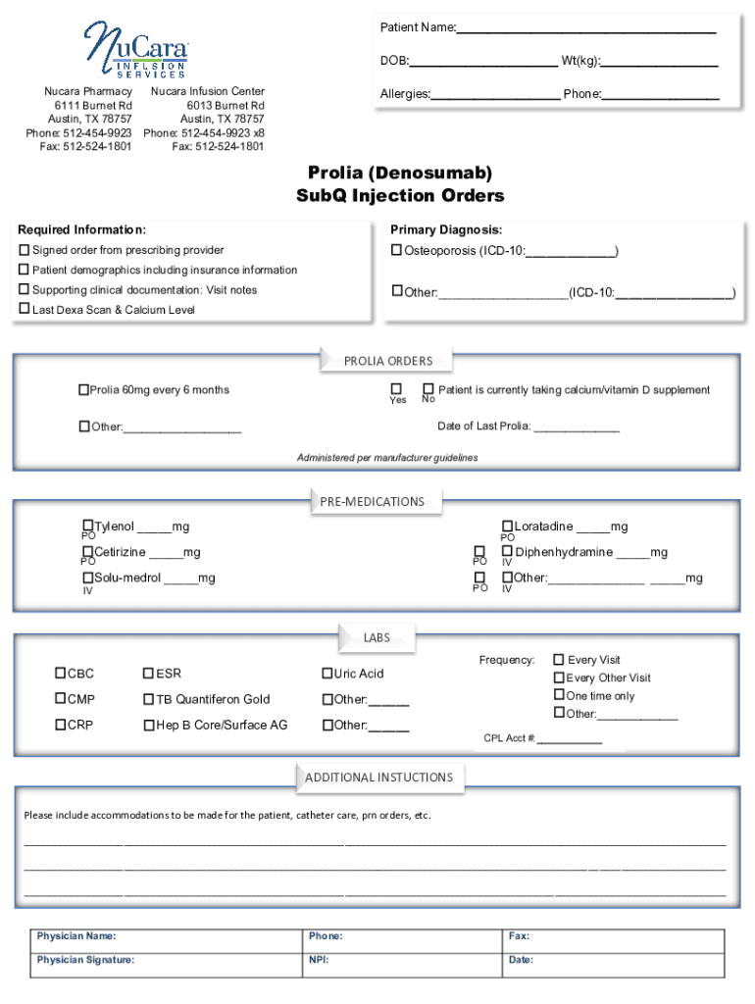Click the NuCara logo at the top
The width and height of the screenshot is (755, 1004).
click(135, 50)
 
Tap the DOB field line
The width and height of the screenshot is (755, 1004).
click(482, 62)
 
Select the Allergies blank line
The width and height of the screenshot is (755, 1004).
click(495, 95)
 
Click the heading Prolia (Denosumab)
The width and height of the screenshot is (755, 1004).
click(400, 174)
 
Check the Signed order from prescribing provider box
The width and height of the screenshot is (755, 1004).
click(25, 251)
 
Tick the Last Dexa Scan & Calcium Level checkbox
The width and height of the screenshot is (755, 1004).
click(25, 309)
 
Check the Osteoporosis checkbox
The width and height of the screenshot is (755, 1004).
click(397, 251)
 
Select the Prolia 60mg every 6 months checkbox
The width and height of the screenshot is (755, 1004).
click(83, 390)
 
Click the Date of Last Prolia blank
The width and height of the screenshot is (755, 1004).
click(576, 427)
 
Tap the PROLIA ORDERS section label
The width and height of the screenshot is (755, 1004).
click(387, 361)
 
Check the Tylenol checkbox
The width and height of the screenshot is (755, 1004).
click(87, 527)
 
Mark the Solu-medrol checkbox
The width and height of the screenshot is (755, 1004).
click(87, 577)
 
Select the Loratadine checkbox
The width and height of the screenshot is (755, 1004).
click(507, 527)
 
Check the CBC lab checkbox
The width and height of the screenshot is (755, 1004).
click(60, 674)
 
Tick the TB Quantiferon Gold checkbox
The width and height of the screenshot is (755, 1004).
click(149, 700)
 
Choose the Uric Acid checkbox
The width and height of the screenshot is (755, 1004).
click(327, 674)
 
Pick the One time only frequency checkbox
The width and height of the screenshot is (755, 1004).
click(559, 695)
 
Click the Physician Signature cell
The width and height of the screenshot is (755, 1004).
click(167, 961)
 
